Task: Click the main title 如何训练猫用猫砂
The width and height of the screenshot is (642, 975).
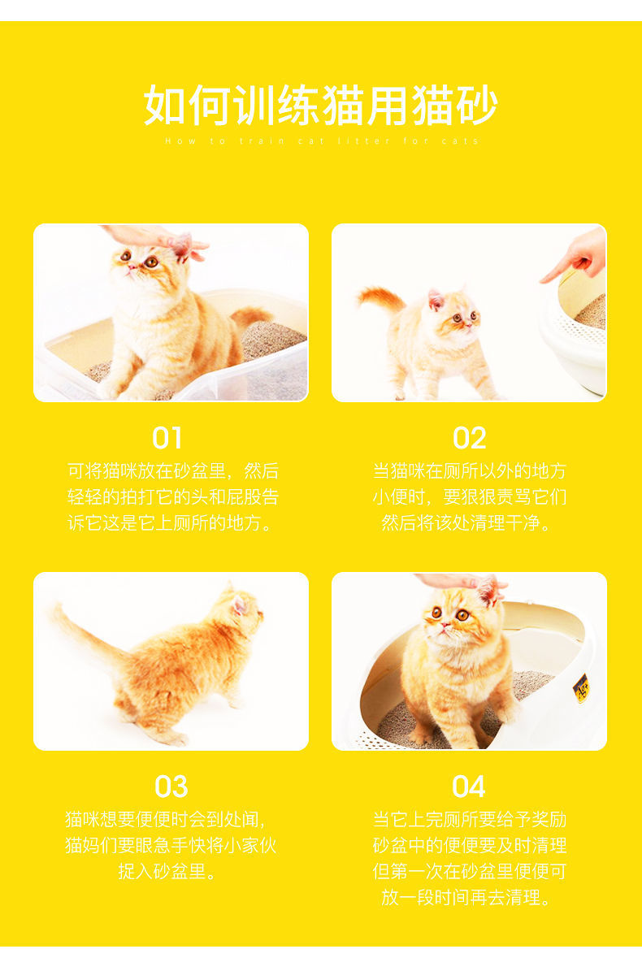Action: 321,106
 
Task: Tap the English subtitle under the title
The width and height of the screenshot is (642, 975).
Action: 322,141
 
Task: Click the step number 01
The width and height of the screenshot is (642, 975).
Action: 167,439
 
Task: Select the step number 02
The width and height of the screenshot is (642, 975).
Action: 469,439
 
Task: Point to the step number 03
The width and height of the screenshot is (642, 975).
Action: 171,786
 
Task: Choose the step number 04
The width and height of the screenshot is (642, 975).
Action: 469,786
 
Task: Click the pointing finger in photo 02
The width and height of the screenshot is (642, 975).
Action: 579,258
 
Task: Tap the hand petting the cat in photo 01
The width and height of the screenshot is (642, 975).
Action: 154,238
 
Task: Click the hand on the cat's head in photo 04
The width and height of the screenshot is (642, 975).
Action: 459,582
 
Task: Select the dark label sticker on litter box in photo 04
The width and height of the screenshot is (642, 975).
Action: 581,687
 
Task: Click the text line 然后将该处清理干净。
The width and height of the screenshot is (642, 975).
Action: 469,522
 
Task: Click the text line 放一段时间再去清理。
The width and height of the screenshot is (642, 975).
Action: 469,898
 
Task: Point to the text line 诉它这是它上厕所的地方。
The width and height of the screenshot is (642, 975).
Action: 171,522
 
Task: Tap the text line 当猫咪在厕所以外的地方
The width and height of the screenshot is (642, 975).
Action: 469,471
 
